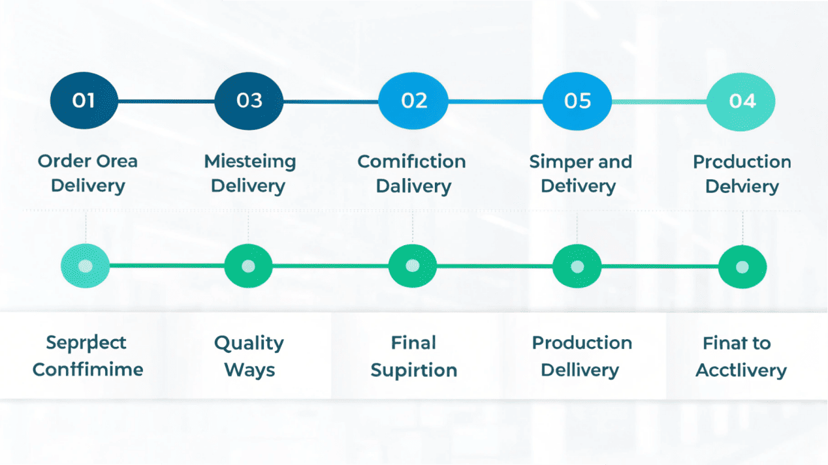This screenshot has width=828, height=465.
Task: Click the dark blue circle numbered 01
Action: coord(84,101)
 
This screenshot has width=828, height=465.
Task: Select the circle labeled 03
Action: coord(249,101)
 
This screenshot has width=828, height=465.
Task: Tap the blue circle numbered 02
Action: coord(413,101)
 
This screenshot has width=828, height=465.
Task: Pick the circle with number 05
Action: coord(577,101)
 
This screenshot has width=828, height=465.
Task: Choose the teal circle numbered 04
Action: coord(741,101)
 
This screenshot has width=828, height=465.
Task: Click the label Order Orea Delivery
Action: coord(88,173)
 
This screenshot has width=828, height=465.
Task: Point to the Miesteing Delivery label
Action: coord(249,173)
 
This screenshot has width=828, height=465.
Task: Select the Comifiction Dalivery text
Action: coord(412,173)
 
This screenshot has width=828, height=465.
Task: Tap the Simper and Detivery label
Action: coord(580,173)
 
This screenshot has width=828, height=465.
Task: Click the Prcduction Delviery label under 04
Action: coord(742,173)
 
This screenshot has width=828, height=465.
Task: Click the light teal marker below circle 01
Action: coord(85,267)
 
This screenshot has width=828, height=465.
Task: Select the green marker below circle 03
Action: coord(248,267)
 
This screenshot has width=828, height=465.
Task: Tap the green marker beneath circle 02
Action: coord(412,267)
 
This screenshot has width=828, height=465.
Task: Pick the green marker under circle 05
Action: coord(577,267)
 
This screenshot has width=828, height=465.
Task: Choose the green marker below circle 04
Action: coord(742,267)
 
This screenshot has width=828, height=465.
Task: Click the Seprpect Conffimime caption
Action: coord(88,356)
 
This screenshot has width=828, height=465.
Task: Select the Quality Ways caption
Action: coord(249,356)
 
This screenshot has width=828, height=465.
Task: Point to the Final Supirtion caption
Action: coord(413,356)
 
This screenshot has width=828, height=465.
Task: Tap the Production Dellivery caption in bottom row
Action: coord(581,356)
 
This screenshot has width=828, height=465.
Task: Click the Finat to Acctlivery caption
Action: coord(740,356)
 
